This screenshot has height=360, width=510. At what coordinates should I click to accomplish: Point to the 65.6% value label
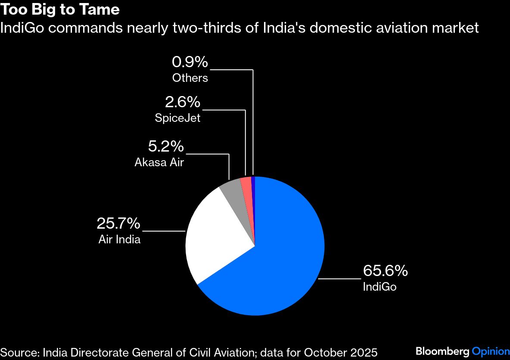click(385, 271)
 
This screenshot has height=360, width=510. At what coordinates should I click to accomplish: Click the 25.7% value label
click(118, 223)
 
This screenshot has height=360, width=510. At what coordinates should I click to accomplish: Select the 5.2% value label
click(166, 147)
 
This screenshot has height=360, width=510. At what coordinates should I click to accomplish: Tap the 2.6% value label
click(183, 102)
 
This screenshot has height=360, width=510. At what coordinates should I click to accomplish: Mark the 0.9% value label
click(190, 62)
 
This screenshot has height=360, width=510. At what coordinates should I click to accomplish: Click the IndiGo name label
click(379, 287)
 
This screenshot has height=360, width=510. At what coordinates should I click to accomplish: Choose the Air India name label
click(119, 239)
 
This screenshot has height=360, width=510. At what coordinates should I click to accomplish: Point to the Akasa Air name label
click(159, 162)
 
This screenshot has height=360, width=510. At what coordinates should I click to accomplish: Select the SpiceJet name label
click(177, 118)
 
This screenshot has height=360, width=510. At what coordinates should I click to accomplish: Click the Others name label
click(190, 78)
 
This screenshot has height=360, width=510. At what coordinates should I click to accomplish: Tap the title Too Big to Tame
click(60, 9)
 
